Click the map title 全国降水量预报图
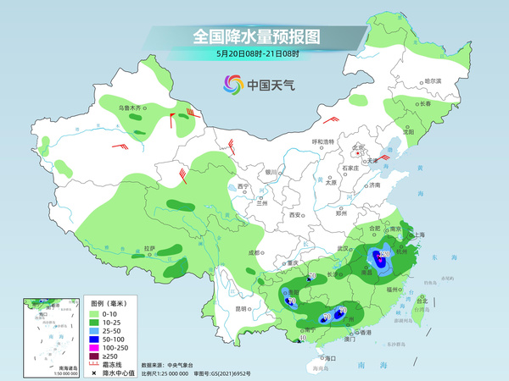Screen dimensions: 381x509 [255, 36]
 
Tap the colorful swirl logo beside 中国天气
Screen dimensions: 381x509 [232, 84]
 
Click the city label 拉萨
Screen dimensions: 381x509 [149, 248]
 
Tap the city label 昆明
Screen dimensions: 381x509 [243, 308]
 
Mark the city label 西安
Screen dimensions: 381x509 [295, 215]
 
